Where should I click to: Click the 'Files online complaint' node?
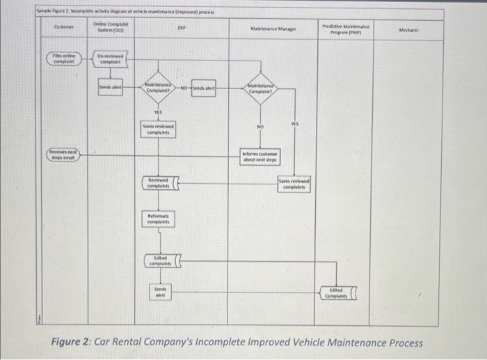(65, 58)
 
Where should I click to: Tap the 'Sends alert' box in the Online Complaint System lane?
(110, 88)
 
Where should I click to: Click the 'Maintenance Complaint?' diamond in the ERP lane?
(159, 88)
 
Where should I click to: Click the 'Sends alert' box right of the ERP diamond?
(204, 89)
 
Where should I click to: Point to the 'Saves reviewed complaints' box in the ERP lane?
(159, 128)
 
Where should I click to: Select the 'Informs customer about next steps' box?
(260, 157)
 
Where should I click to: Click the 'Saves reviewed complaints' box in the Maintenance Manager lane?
(294, 185)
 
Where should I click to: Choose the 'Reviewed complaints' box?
(159, 183)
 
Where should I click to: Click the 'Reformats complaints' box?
(159, 219)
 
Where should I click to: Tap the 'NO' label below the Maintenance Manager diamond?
(260, 127)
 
